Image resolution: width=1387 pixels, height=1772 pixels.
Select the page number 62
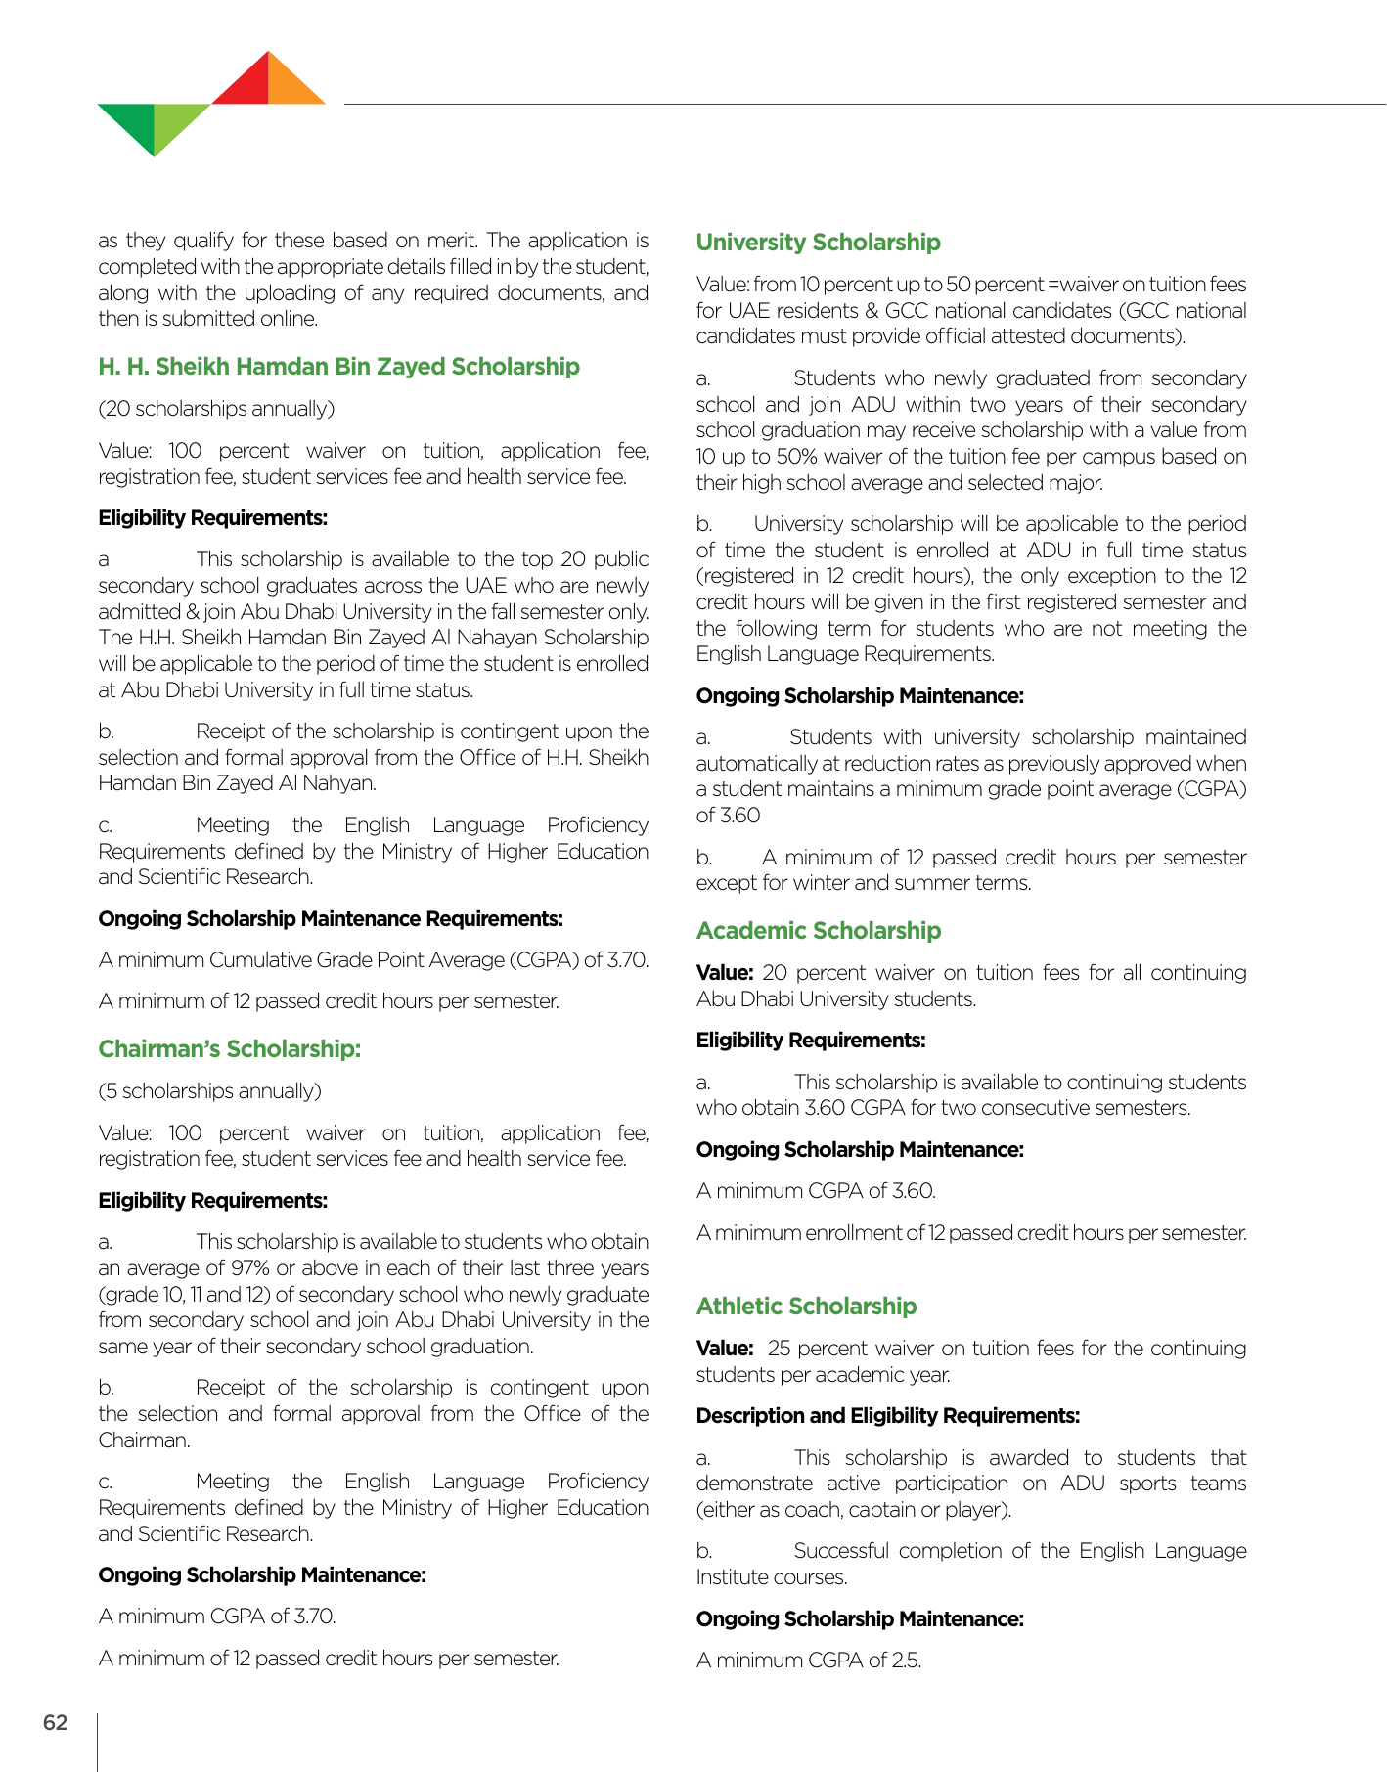pyautogui.click(x=56, y=1723)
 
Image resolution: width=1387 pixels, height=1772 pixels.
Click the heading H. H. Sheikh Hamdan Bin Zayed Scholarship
pyautogui.click(x=338, y=367)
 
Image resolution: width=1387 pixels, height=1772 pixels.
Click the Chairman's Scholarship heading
pyautogui.click(x=230, y=1049)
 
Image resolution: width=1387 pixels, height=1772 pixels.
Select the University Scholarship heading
pyautogui.click(x=818, y=243)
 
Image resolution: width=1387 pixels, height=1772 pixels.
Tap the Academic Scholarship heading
pyautogui.click(x=818, y=931)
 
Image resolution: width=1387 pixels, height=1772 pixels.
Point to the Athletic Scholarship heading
pyautogui.click(x=806, y=1307)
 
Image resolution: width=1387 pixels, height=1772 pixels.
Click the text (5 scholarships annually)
pyautogui.click(x=209, y=1091)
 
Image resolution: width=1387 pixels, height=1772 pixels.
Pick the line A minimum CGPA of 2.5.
pyautogui.click(x=808, y=1661)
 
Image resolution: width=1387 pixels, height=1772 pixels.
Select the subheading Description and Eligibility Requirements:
pyautogui.click(x=887, y=1416)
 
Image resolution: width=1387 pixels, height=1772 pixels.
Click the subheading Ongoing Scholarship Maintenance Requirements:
pyautogui.click(x=331, y=919)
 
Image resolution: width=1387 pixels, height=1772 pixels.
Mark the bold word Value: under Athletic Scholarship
pyautogui.click(x=724, y=1349)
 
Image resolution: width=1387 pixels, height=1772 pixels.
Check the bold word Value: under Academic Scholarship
pyautogui.click(x=724, y=973)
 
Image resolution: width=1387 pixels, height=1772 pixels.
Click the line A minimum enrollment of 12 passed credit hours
pyautogui.click(x=970, y=1233)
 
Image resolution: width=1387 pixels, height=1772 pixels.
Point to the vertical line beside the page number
pyautogui.click(x=98, y=1741)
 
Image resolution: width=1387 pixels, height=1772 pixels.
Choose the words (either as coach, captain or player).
pyautogui.click(x=853, y=1510)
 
